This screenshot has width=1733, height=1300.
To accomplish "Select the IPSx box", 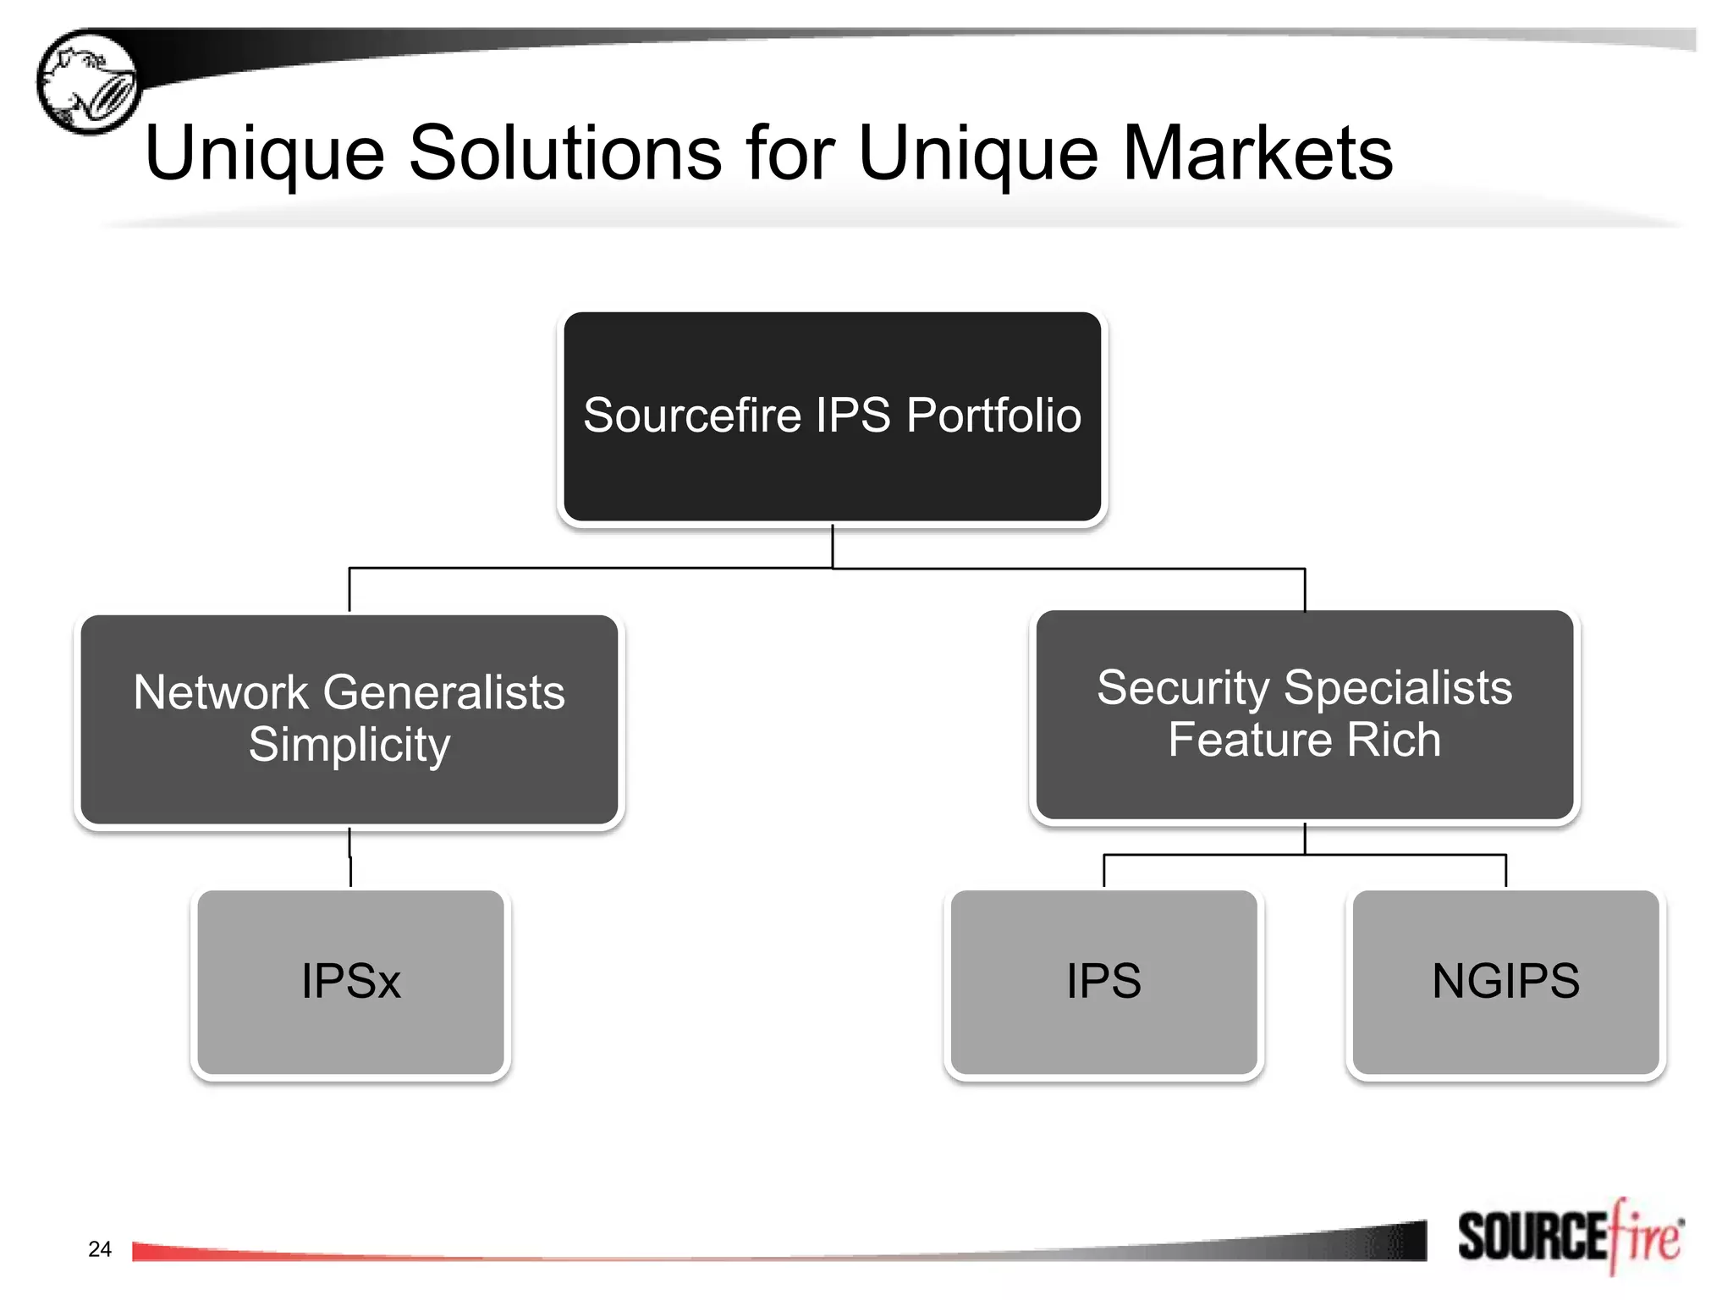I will pos(350,982).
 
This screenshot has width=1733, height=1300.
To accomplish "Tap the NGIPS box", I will pos(1505,982).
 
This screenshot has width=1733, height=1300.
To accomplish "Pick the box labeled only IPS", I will pos(1103,982).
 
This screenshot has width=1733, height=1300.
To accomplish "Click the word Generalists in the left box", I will pos(444,692).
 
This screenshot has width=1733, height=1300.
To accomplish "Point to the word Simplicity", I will pos(349,745).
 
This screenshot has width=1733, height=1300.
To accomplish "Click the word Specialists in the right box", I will pos(1398,687).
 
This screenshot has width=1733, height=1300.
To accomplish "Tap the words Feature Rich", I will pos(1304,740).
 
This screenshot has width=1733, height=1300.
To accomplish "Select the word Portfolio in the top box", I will pos(993,416).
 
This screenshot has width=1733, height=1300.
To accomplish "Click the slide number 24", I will pos(100,1249).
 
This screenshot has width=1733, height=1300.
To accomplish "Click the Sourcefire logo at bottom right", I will pos(1571,1237).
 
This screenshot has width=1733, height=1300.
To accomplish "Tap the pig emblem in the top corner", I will pos(88,81).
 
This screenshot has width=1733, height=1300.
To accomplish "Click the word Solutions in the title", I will pos(565,153).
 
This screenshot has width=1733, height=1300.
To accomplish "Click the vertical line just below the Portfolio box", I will pos(833,546).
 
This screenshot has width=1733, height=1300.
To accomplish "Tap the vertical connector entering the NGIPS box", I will pos(1505,872).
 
